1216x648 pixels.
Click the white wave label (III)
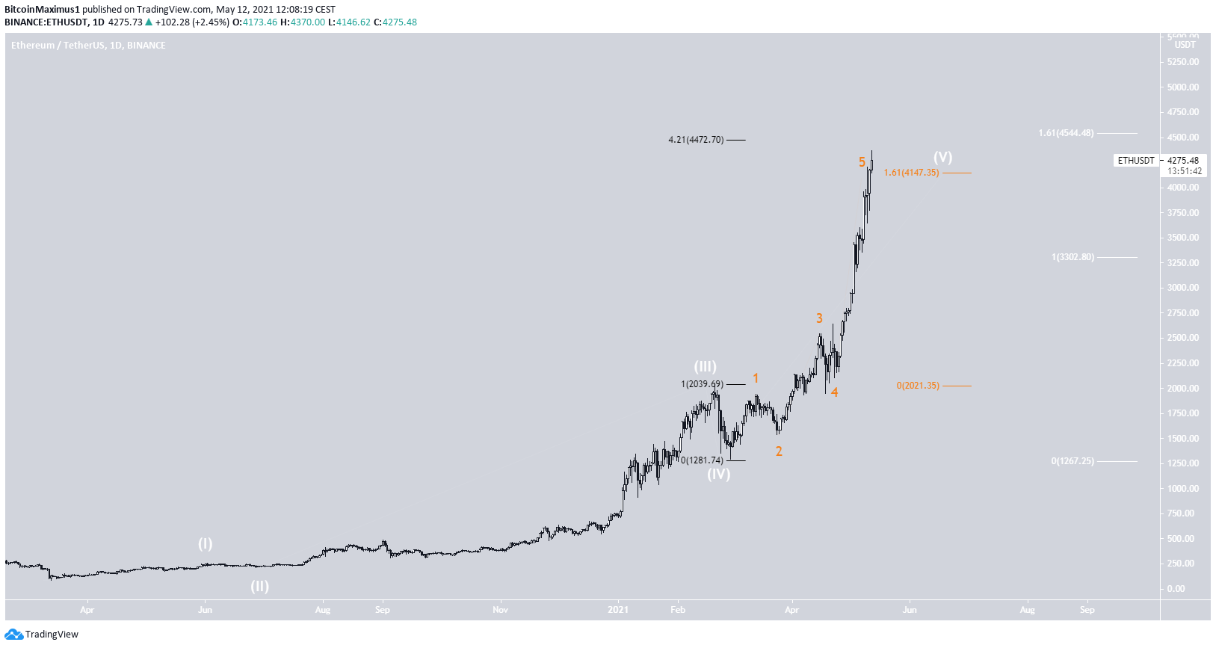coord(705,366)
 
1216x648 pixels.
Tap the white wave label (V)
coord(942,157)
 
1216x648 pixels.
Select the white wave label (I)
coord(205,543)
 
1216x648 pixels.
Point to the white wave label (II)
coord(259,586)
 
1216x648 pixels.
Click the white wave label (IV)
coord(718,474)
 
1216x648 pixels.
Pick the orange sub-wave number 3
coord(819,318)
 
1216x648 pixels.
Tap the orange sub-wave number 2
coord(779,451)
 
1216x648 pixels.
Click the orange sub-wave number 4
coord(834,392)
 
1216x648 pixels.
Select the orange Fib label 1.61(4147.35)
coord(911,173)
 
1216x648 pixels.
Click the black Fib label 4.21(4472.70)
coord(696,140)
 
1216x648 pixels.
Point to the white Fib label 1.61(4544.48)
coord(1066,133)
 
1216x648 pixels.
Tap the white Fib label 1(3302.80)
coord(1073,257)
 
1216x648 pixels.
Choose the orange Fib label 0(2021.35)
coord(918,386)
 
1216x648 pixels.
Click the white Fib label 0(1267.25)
coord(1073,461)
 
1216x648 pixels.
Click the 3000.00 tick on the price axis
coord(1183,288)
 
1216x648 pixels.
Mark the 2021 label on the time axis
coord(618,610)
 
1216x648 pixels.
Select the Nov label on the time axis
coord(500,610)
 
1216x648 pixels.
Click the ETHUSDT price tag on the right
coord(1136,161)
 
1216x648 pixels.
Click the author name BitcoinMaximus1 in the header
coord(42,10)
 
